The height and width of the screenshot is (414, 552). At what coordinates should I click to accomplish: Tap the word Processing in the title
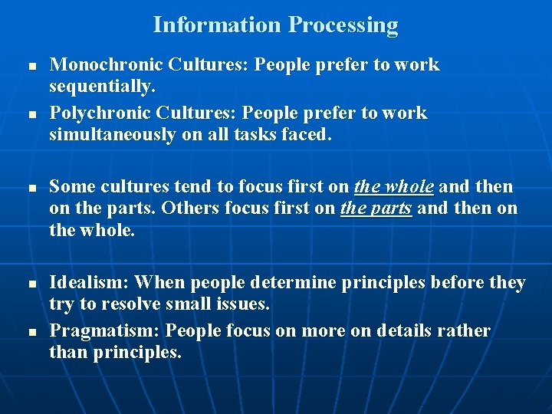pyautogui.click(x=343, y=25)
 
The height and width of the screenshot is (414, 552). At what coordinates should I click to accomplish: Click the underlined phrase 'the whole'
pyautogui.click(x=394, y=187)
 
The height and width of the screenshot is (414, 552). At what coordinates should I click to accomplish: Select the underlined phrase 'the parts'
pyautogui.click(x=376, y=209)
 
